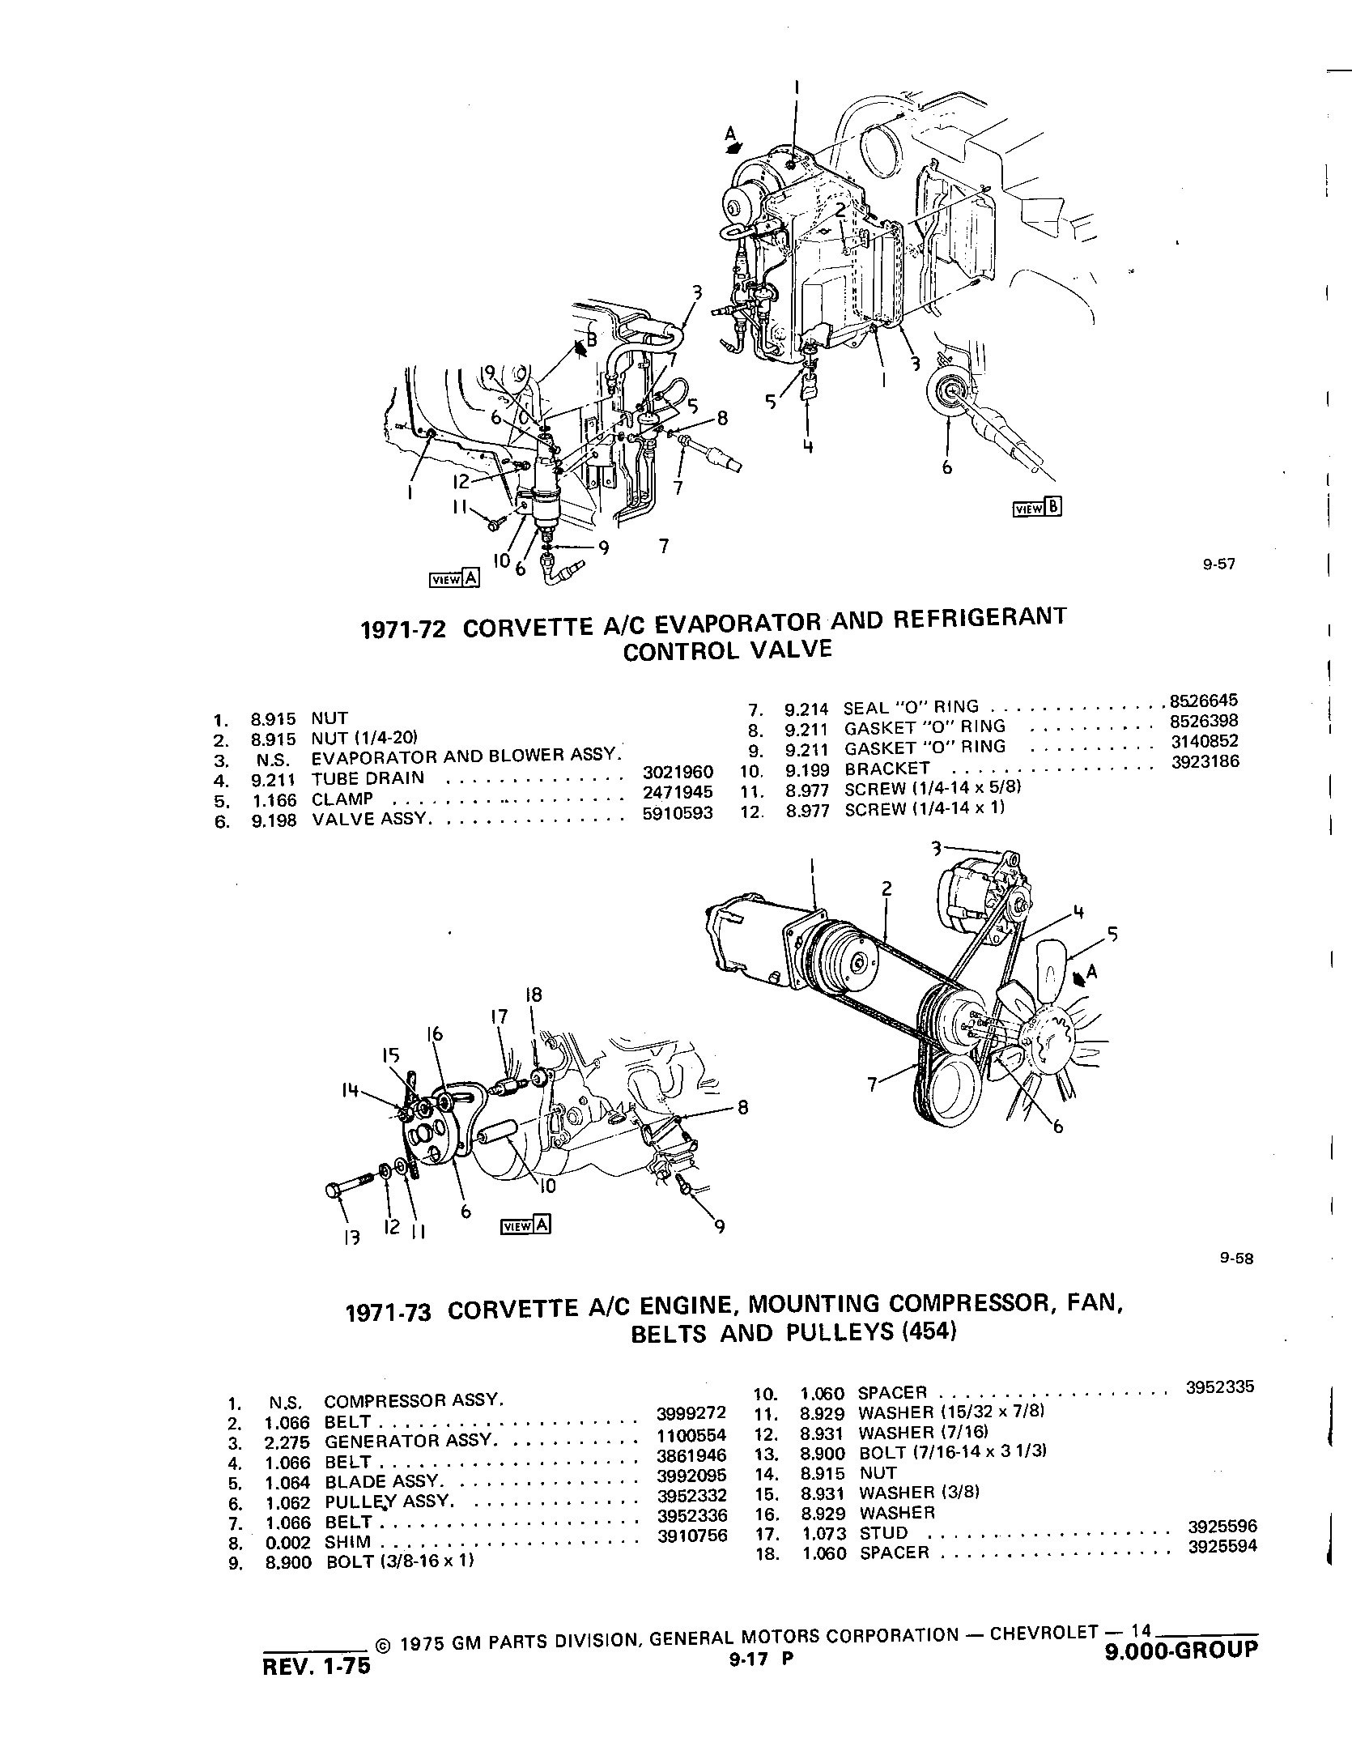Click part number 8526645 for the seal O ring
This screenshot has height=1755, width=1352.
[x=1204, y=701]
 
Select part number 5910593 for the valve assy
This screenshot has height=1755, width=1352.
[x=678, y=813]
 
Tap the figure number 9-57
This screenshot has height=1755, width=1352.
[x=1218, y=564]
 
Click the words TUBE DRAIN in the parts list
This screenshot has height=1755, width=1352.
[x=368, y=778]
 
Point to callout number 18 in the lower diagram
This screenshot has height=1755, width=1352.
[x=533, y=995]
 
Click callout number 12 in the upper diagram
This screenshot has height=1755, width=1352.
[x=461, y=481]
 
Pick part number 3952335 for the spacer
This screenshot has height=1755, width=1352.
[x=1219, y=1386]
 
